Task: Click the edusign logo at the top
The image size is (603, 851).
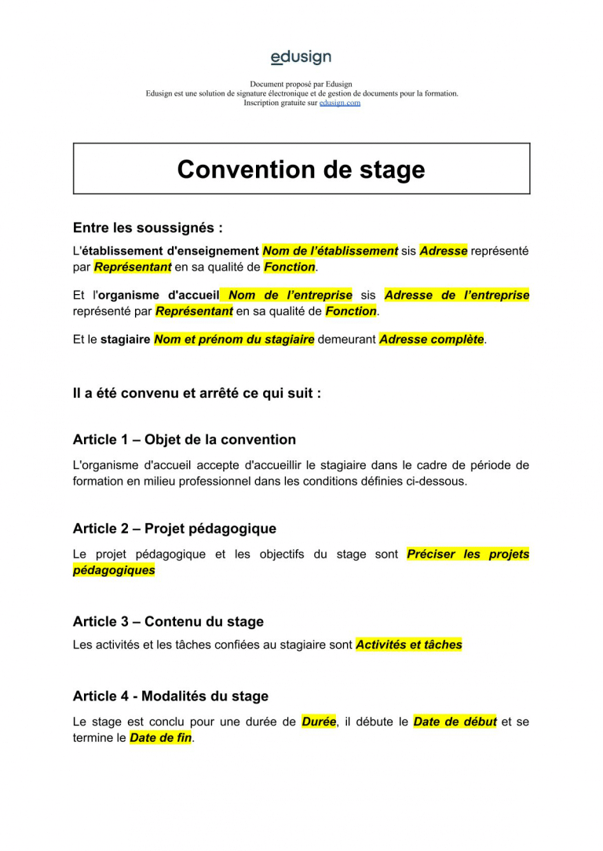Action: pyautogui.click(x=301, y=57)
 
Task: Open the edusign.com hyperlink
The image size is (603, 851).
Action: pyautogui.click(x=339, y=103)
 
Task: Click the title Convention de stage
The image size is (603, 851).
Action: pyautogui.click(x=301, y=169)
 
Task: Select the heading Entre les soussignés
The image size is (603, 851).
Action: pyautogui.click(x=148, y=228)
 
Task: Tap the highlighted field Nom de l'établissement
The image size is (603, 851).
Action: pyautogui.click(x=330, y=251)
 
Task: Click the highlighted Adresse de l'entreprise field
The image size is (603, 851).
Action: pyautogui.click(x=456, y=295)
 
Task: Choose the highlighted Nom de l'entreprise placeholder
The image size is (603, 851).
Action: pyautogui.click(x=289, y=295)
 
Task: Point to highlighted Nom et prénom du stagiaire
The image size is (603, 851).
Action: pyautogui.click(x=234, y=340)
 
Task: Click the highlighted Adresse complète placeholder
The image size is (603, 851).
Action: pyautogui.click(x=431, y=340)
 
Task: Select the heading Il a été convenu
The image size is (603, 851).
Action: pyautogui.click(x=196, y=393)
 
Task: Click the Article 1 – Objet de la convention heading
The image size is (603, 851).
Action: pyautogui.click(x=185, y=439)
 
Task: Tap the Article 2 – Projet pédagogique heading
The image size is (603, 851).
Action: pyautogui.click(x=174, y=529)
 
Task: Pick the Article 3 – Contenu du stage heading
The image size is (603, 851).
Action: pyautogui.click(x=168, y=621)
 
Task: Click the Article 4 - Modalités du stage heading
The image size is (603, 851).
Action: pyautogui.click(x=170, y=696)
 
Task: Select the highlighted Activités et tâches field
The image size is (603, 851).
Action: pyautogui.click(x=408, y=645)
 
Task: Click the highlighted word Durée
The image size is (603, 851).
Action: pyautogui.click(x=319, y=722)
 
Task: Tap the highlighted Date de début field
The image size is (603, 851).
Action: pyautogui.click(x=455, y=722)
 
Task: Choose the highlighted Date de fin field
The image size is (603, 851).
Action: pyautogui.click(x=160, y=738)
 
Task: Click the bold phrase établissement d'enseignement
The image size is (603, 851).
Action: pyautogui.click(x=170, y=251)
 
